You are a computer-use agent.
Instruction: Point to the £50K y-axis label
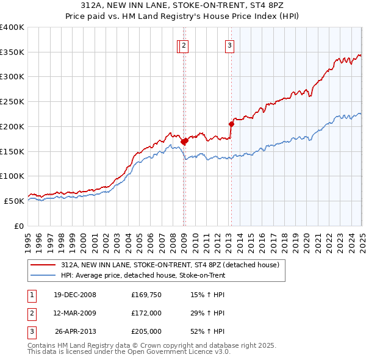pos(15,201)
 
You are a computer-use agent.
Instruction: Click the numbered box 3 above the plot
pos(230,45)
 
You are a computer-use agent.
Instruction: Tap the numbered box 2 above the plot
pos(184,45)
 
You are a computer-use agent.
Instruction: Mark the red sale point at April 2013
pos(232,124)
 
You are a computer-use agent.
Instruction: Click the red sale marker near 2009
pos(184,141)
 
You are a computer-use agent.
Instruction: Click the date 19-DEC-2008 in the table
pos(75,295)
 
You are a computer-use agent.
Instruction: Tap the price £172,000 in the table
pos(146,313)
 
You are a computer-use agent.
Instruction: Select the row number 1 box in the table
pos(31,295)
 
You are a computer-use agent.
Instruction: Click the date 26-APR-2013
pos(75,331)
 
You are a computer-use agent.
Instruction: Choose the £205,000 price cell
pos(146,331)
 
